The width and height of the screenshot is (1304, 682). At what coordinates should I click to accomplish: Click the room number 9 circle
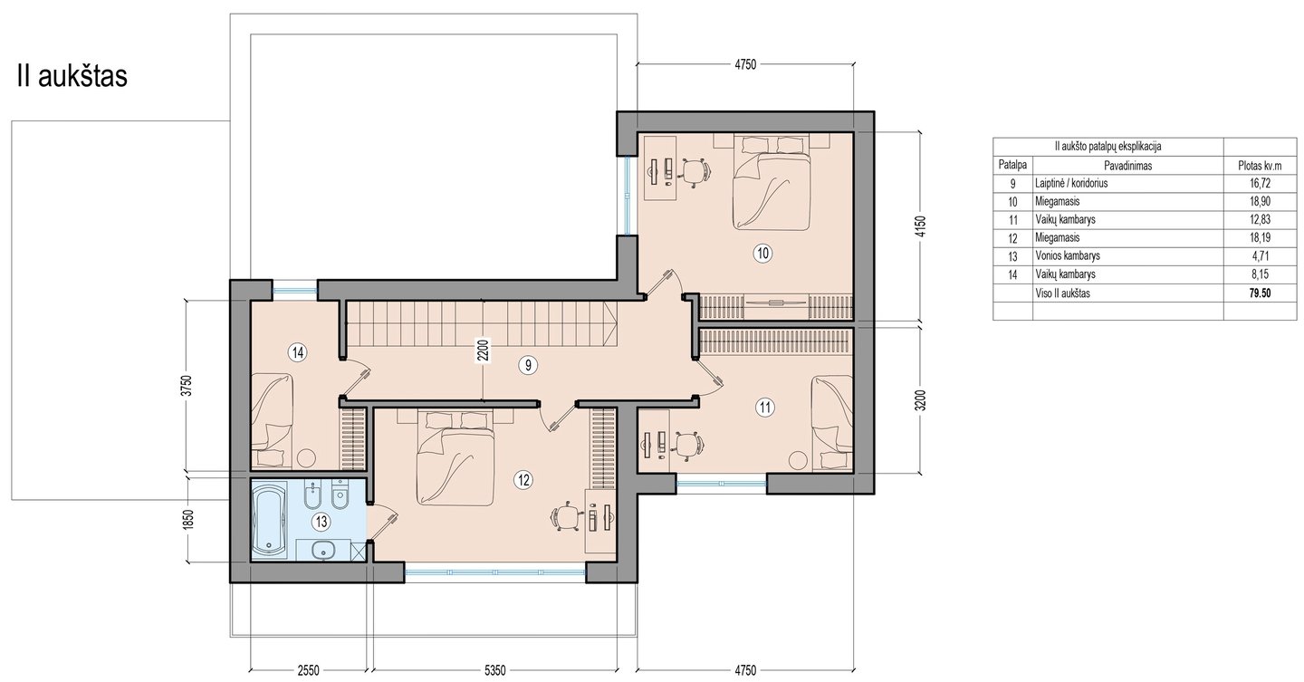click(x=527, y=365)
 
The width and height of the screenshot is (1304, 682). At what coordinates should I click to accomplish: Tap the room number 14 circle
click(x=298, y=352)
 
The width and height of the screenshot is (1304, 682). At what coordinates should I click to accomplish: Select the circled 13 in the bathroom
click(x=321, y=522)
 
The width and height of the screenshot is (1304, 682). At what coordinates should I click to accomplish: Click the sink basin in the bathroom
click(x=321, y=549)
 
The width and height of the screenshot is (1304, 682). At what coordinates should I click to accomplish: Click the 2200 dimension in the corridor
click(x=483, y=351)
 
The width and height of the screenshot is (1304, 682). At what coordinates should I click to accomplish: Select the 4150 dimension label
click(x=920, y=226)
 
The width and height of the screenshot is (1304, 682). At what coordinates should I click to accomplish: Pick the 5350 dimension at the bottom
click(x=494, y=670)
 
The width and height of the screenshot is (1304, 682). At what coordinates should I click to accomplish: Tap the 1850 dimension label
click(x=187, y=520)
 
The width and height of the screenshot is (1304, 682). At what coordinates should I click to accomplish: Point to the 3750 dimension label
click(x=187, y=386)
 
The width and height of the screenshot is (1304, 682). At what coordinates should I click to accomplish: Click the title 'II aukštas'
click(x=72, y=76)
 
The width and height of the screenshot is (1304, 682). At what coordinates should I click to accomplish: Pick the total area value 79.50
click(x=1260, y=293)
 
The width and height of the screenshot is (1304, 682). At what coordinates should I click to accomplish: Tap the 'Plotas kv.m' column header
click(x=1260, y=166)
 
